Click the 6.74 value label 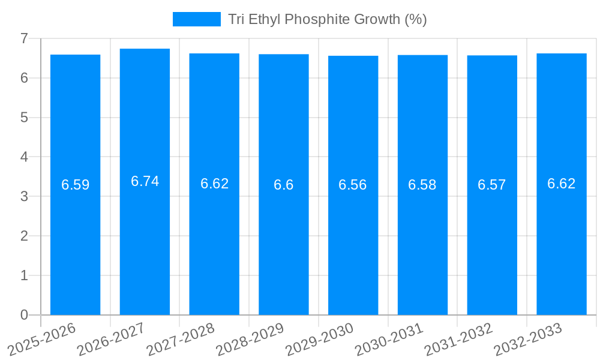[145, 181]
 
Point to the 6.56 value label [353, 185]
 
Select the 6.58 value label [422, 185]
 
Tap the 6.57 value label [492, 185]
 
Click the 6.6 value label [284, 185]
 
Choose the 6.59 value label [75, 185]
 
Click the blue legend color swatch [196, 19]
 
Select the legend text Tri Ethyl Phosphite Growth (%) [328, 19]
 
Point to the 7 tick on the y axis [24, 38]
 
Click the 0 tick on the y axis [24, 315]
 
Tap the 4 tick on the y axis [24, 157]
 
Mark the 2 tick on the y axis [24, 236]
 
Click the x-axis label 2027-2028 [181, 340]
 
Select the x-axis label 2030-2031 [389, 340]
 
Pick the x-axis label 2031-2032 [459, 340]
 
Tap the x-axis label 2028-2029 [250, 340]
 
